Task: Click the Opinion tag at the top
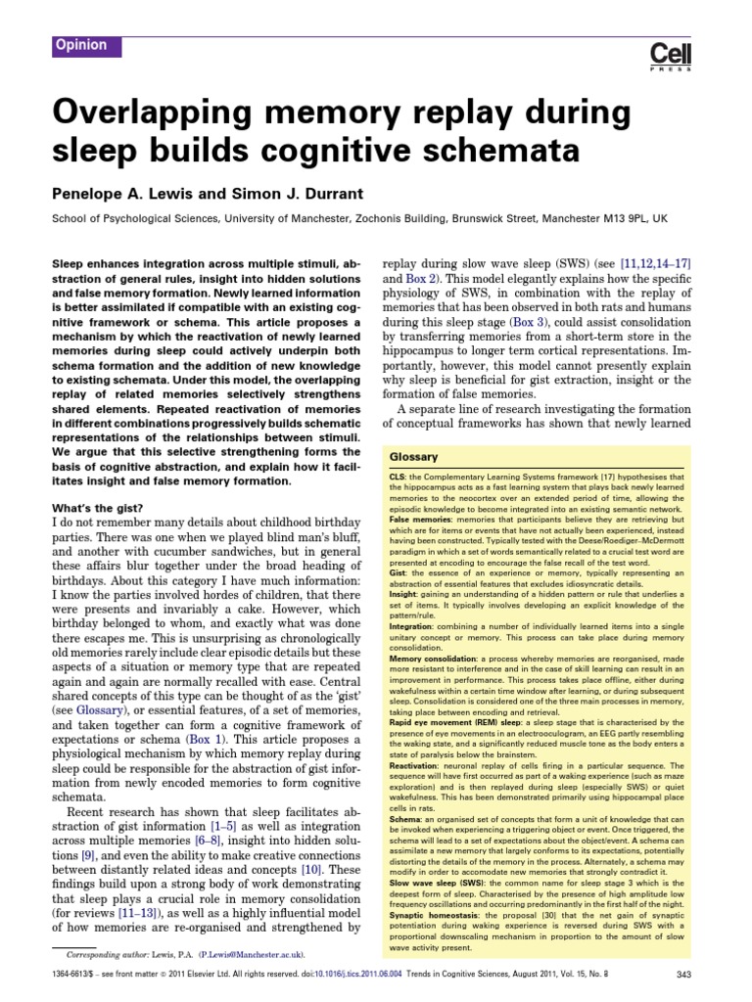coord(82,45)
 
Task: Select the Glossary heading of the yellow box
coord(414,457)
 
